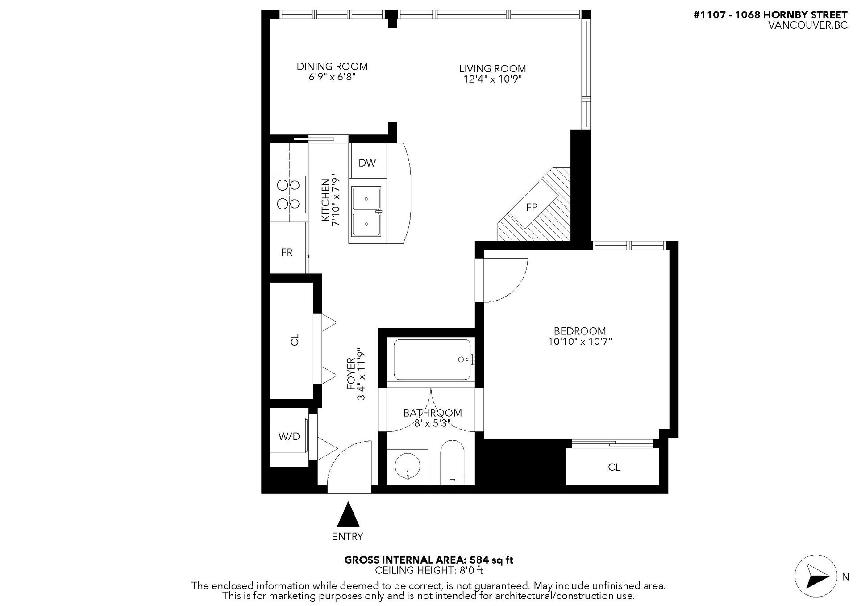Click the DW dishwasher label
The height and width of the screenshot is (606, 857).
coord(367,163)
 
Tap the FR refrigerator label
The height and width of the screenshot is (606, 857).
coord(287,253)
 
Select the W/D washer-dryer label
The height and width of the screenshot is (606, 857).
coord(289,436)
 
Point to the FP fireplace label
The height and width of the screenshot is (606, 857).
coord(532,207)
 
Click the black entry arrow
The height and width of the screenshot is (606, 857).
coord(348,514)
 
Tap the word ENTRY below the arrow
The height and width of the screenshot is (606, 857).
coord(347,536)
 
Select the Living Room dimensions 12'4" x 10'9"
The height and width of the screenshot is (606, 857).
coord(493,79)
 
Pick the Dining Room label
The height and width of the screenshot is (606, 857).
coord(332,67)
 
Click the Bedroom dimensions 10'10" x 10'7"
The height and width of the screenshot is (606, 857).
coord(580,342)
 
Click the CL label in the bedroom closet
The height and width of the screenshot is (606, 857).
coord(614,467)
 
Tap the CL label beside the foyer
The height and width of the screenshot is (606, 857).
coord(295,340)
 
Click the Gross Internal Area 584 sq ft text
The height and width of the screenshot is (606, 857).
coord(428,560)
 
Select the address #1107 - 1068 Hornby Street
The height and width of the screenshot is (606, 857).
coord(770,15)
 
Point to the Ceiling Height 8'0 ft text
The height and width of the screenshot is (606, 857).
coord(429,570)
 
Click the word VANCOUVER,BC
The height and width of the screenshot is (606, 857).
coord(807,25)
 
